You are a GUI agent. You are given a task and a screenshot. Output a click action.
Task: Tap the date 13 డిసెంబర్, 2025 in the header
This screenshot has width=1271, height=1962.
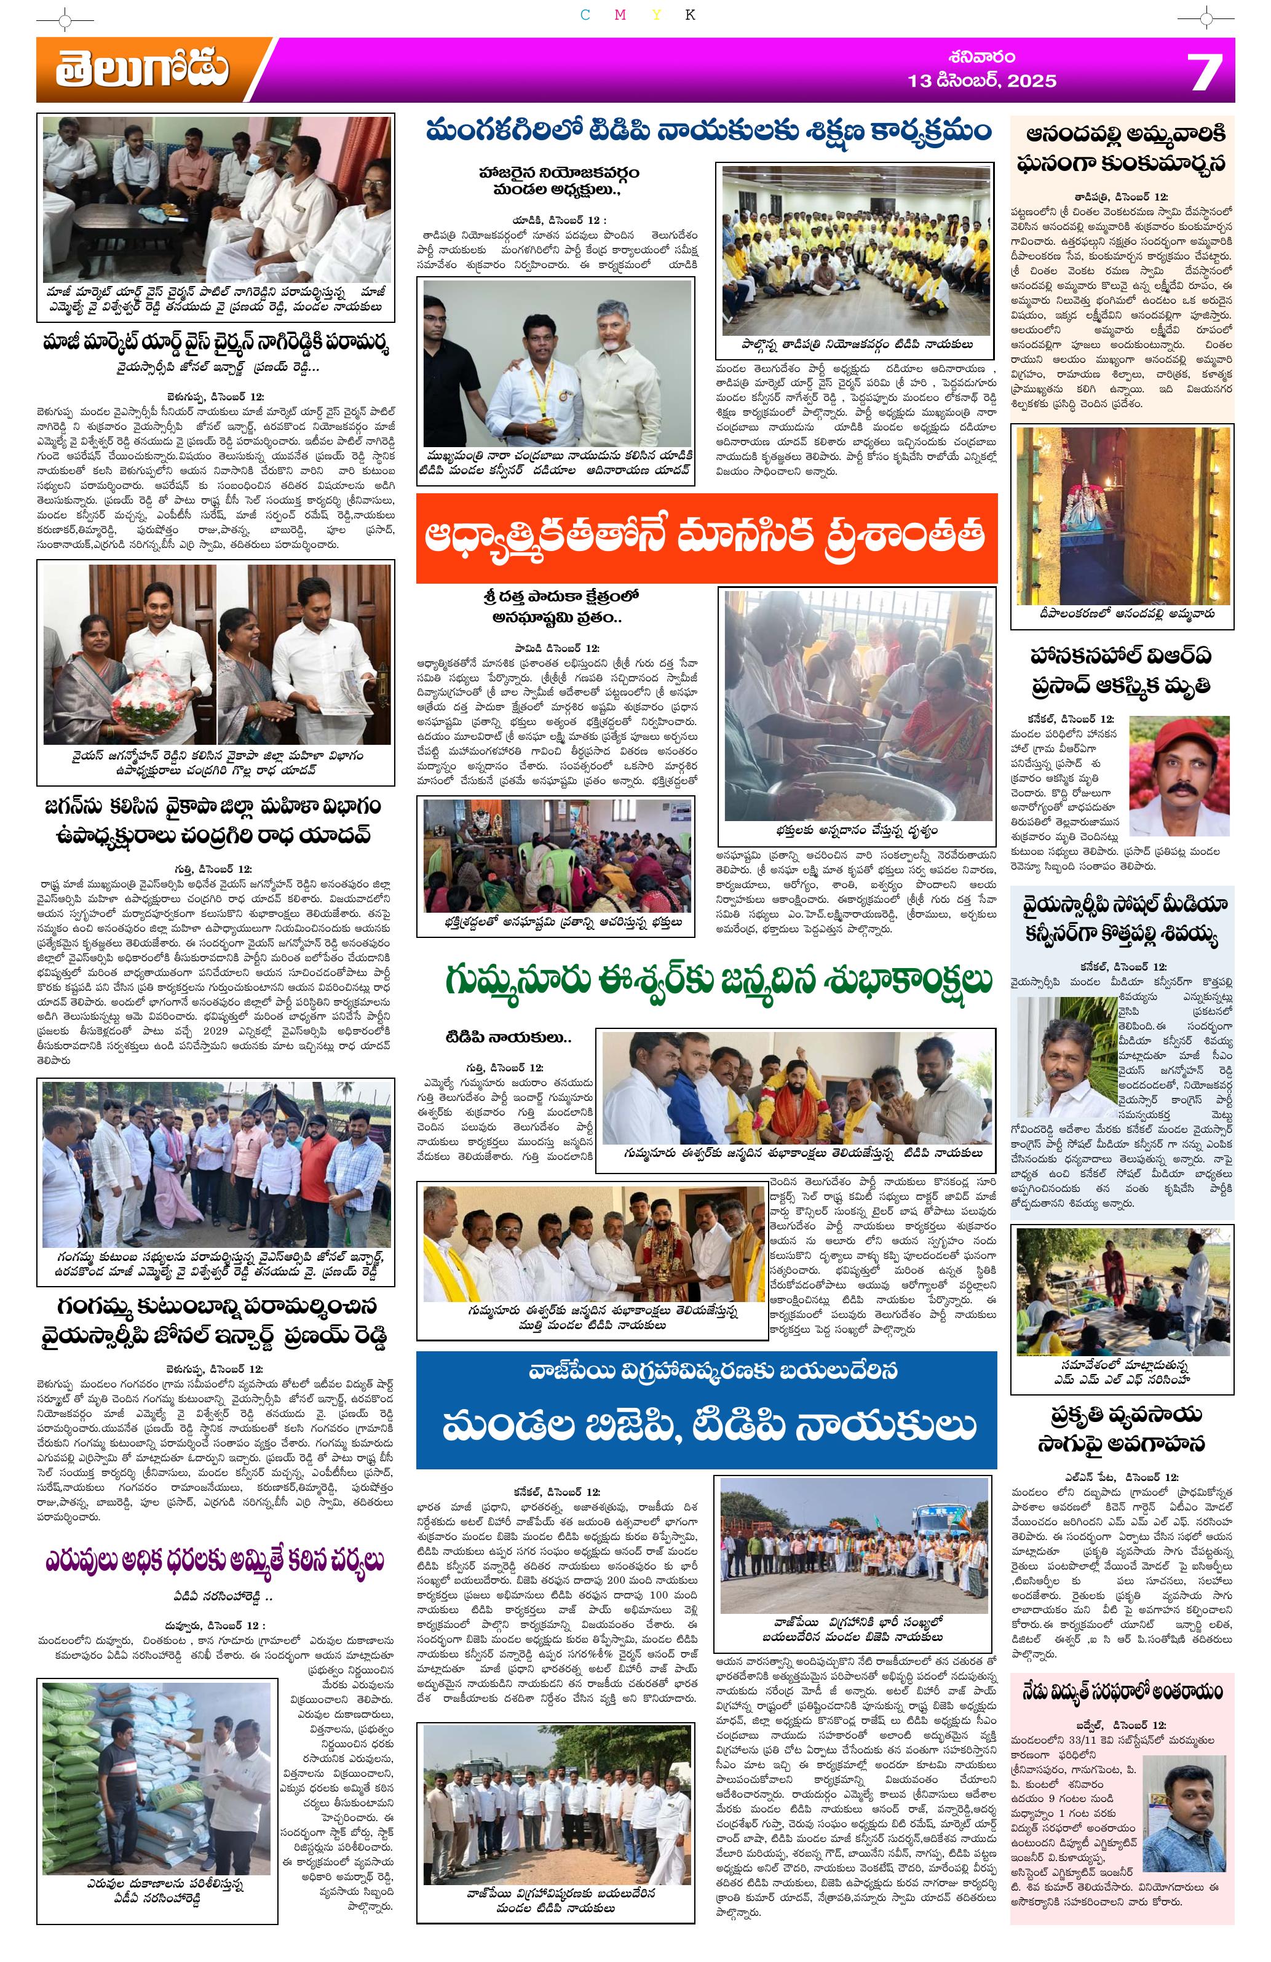coord(981,81)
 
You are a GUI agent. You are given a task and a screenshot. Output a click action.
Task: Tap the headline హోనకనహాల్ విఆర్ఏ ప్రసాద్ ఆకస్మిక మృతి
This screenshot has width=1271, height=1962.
coord(1122,670)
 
